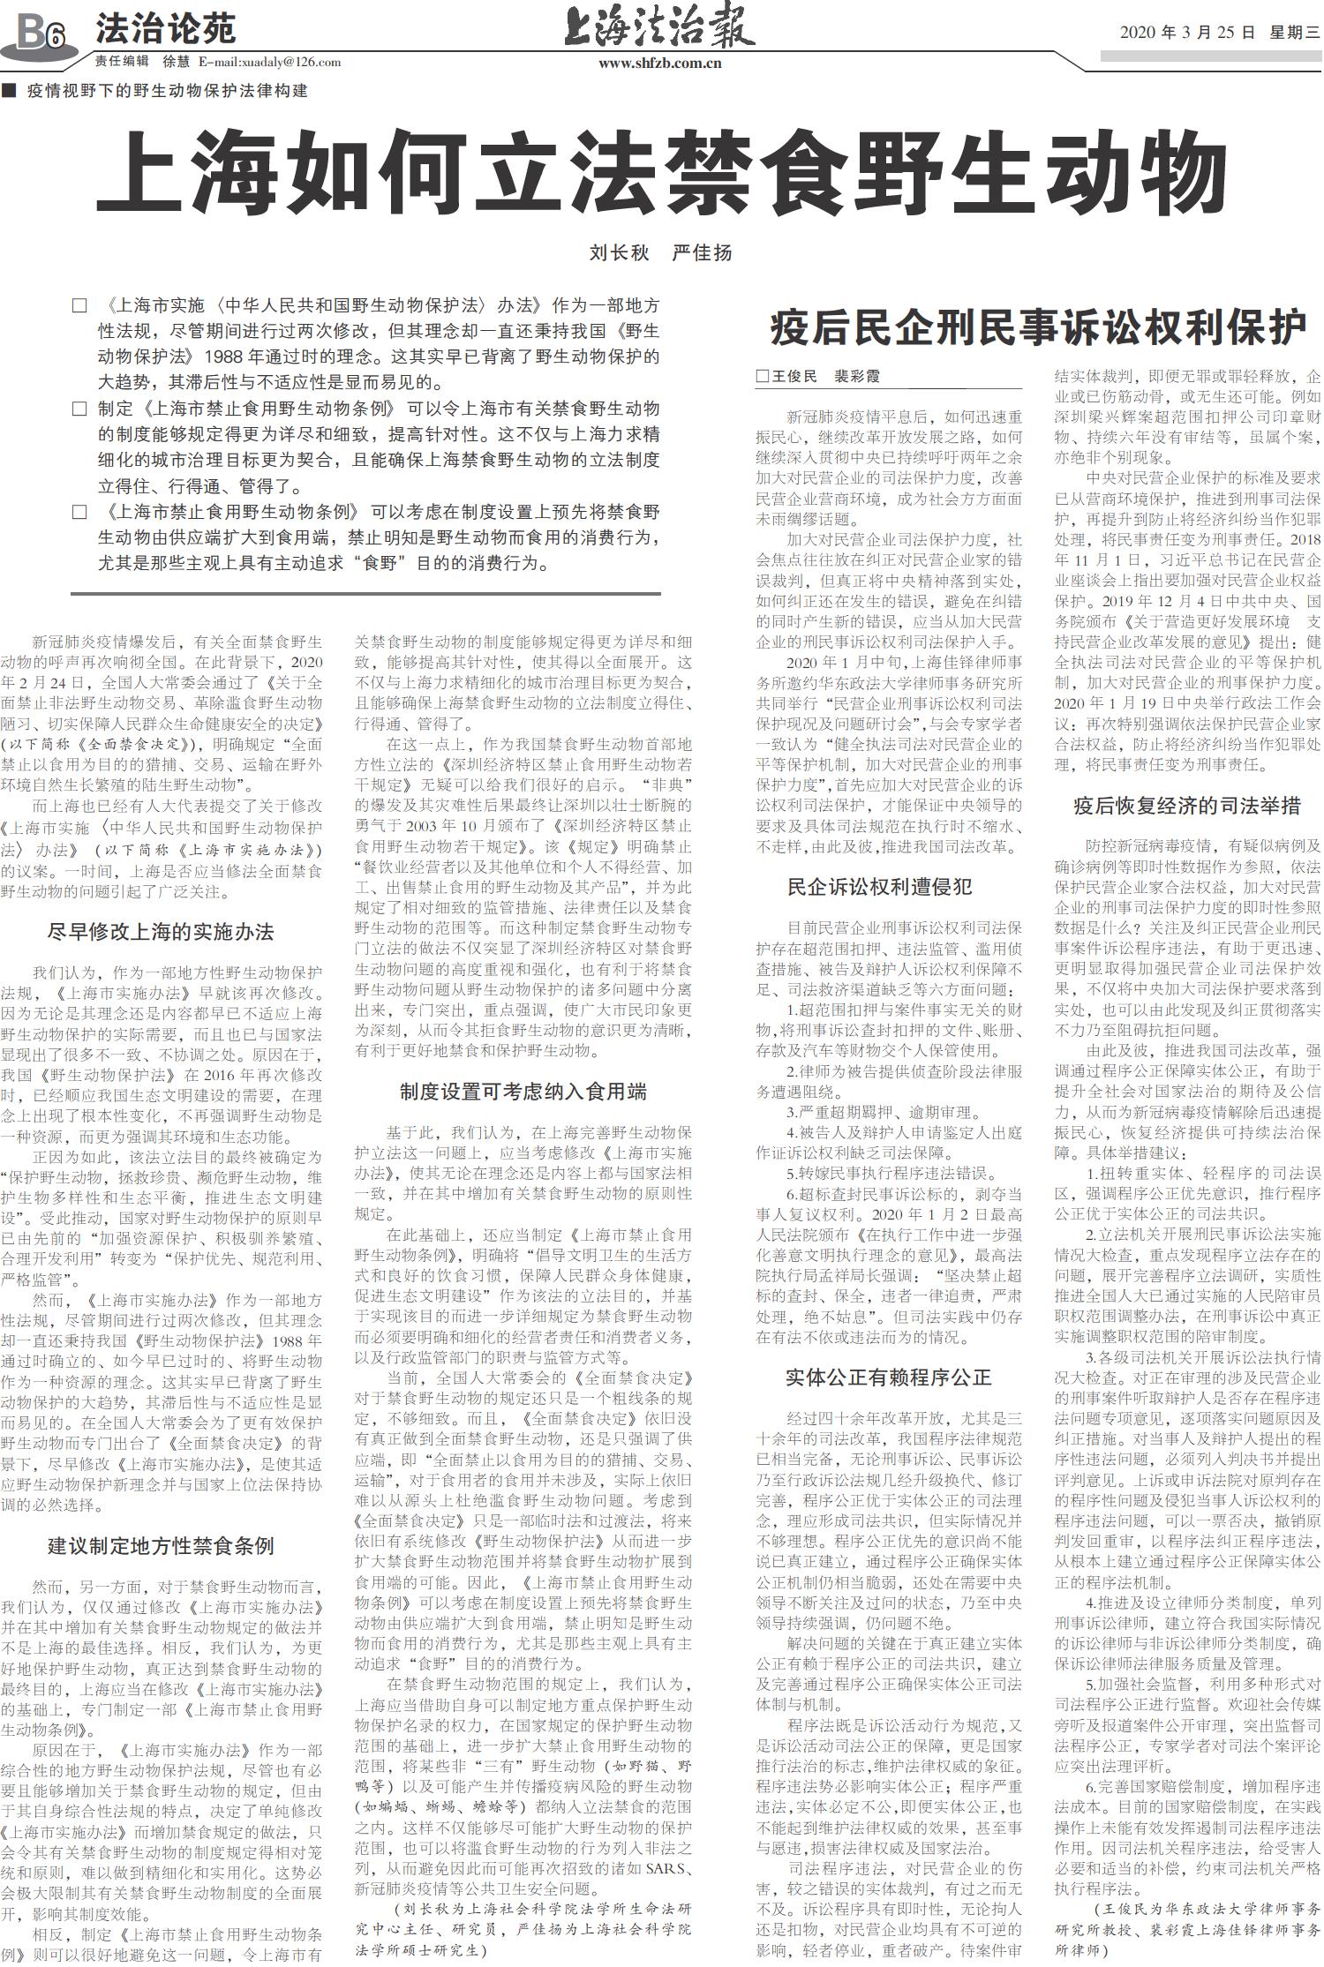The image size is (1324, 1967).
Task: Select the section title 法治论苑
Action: pyautogui.click(x=165, y=29)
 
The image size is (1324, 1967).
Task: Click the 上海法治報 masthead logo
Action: pyautogui.click(x=659, y=26)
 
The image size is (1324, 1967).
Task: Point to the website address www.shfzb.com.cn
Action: pyautogui.click(x=660, y=63)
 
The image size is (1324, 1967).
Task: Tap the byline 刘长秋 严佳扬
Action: pyautogui.click(x=660, y=253)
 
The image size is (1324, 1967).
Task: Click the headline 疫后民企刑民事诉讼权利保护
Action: pyautogui.click(x=1038, y=327)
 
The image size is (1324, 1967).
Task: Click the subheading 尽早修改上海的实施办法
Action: pyautogui.click(x=161, y=932)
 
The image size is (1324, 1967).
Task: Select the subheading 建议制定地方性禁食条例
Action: pyautogui.click(x=161, y=1546)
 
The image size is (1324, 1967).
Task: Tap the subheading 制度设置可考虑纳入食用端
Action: pyautogui.click(x=523, y=1092)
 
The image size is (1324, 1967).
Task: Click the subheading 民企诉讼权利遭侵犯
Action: pyautogui.click(x=879, y=887)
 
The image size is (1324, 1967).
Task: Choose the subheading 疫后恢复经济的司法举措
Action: pyautogui.click(x=1187, y=805)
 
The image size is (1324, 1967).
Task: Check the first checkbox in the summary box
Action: pyautogui.click(x=79, y=306)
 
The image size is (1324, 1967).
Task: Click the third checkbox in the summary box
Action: pyautogui.click(x=79, y=512)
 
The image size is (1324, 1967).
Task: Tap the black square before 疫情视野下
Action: pyautogui.click(x=9, y=91)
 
